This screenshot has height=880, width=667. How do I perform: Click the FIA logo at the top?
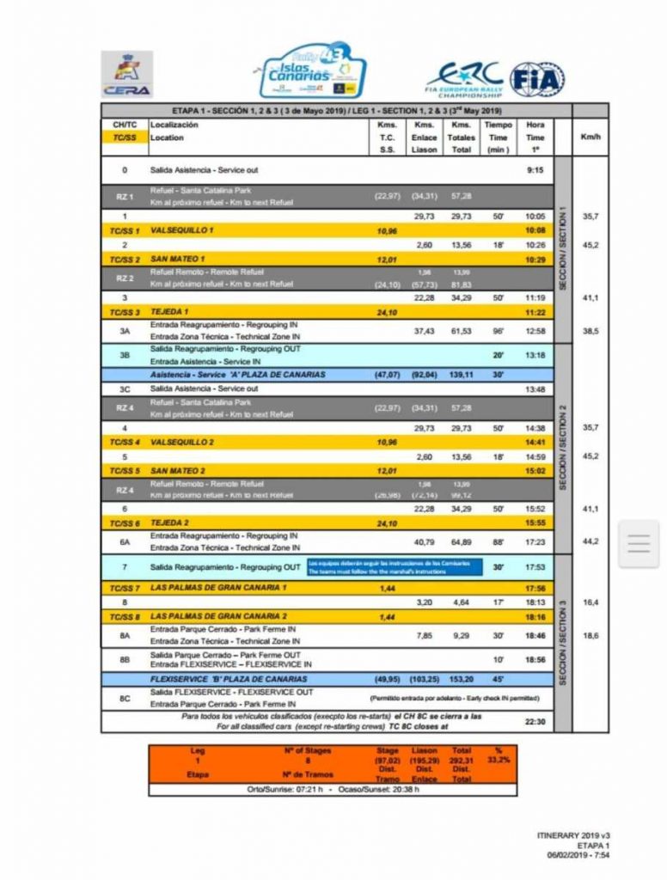click(x=537, y=79)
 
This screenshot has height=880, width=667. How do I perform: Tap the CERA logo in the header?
click(x=127, y=73)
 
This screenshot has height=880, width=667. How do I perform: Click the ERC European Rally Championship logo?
click(x=464, y=79)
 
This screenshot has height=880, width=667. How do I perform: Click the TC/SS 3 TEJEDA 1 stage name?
click(x=171, y=311)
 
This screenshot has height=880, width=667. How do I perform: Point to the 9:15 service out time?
click(x=535, y=169)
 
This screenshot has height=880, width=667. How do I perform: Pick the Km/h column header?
click(x=591, y=137)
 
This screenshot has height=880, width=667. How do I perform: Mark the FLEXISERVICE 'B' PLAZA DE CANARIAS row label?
click(x=231, y=678)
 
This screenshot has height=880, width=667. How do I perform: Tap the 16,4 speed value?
click(x=591, y=601)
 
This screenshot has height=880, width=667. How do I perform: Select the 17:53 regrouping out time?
click(x=535, y=566)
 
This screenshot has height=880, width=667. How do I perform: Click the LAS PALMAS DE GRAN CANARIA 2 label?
click(x=219, y=616)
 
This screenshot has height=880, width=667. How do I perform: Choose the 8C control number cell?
click(x=125, y=697)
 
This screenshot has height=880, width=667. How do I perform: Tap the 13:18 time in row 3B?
click(x=535, y=354)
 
